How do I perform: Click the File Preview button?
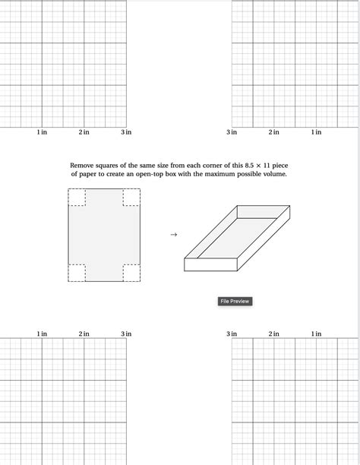pyautogui.click(x=235, y=302)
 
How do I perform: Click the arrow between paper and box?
pyautogui.click(x=173, y=235)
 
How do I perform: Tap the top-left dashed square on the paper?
pyautogui.click(x=77, y=197)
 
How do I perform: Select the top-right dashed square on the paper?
pyautogui.click(x=131, y=197)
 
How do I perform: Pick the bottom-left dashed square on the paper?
pyautogui.click(x=77, y=273)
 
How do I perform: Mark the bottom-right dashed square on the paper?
pyautogui.click(x=131, y=273)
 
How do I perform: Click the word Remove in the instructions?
pyautogui.click(x=83, y=165)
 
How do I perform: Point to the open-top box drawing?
pyautogui.click(x=237, y=239)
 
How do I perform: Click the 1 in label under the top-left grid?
pyautogui.click(x=42, y=133)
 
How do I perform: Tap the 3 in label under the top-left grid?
pyautogui.click(x=126, y=133)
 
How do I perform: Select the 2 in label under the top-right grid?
pyautogui.click(x=273, y=133)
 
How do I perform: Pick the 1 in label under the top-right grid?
pyautogui.click(x=316, y=133)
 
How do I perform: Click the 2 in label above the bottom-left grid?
pyautogui.click(x=84, y=334)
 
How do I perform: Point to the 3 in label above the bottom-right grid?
pyautogui.click(x=232, y=334)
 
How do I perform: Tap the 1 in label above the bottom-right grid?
pyautogui.click(x=316, y=334)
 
